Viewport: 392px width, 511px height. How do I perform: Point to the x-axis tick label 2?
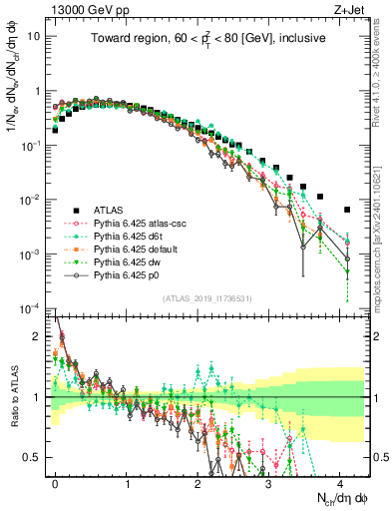point(197,482)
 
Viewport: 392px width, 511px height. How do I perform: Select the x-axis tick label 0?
point(55,482)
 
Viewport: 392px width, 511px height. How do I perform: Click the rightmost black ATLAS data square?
point(346,210)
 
